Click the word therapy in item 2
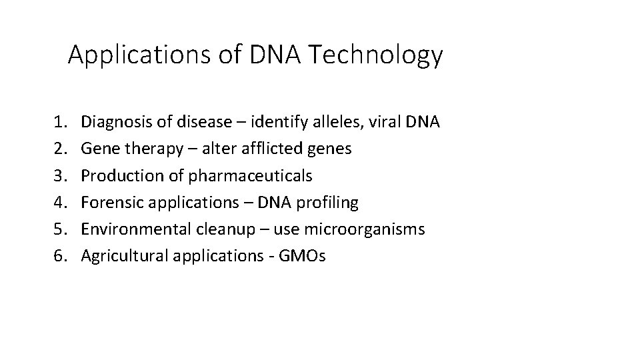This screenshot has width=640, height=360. [x=147, y=149]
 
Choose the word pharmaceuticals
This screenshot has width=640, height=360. [x=250, y=175]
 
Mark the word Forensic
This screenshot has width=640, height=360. [x=107, y=202]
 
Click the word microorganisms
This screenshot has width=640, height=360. [x=365, y=229]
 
